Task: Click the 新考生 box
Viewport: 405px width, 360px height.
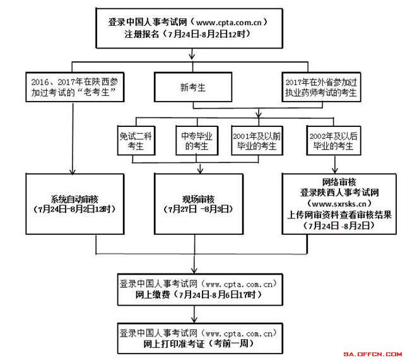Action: [193, 87]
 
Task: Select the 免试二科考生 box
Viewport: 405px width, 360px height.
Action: [136, 141]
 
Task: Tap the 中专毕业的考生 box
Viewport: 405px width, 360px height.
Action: [197, 141]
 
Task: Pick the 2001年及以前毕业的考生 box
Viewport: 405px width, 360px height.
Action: [257, 141]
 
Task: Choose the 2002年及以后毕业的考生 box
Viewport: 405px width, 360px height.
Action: [334, 141]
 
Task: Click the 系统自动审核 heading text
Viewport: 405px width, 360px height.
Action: [74, 200]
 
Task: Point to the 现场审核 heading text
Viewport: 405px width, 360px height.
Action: [198, 200]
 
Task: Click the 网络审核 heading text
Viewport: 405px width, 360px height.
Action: [339, 182]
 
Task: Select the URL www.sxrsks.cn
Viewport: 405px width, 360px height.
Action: [339, 204]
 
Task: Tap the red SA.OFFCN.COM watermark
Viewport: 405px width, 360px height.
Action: [372, 354]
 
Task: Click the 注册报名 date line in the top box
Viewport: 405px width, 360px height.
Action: [188, 34]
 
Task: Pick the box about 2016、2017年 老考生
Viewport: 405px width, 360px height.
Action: [75, 87]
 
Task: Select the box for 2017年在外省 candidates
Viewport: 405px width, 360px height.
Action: [321, 87]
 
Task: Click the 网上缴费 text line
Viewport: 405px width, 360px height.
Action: [199, 294]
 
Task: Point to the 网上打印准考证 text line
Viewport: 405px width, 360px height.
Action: [199, 344]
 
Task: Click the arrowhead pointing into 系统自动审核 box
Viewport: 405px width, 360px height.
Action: [73, 172]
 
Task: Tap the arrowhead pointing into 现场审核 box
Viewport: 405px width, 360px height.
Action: [200, 171]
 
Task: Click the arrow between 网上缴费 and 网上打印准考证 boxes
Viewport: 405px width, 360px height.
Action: [194, 314]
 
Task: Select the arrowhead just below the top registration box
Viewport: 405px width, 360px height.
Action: [192, 56]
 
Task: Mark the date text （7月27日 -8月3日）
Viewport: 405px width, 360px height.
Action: [198, 210]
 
